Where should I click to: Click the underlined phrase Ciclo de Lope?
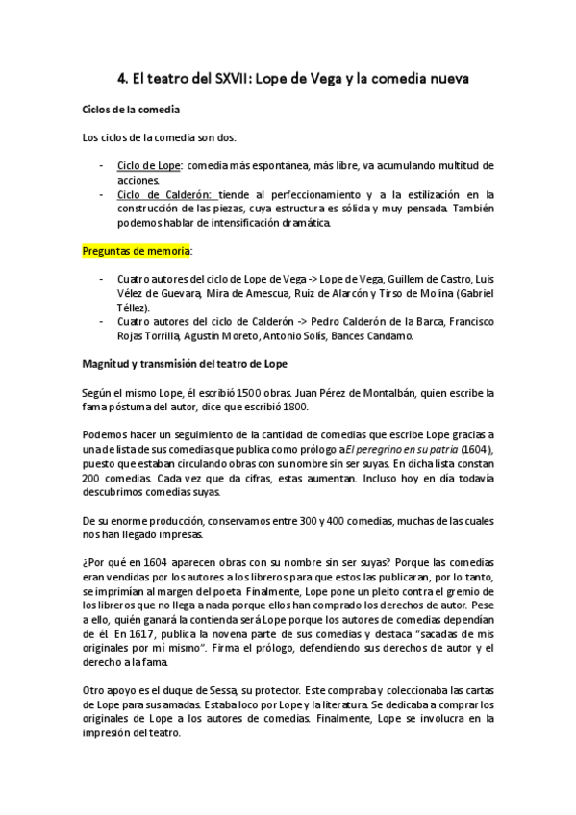tap(145, 165)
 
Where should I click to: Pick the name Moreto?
tap(290, 336)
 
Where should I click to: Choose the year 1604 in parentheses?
tap(479, 449)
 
